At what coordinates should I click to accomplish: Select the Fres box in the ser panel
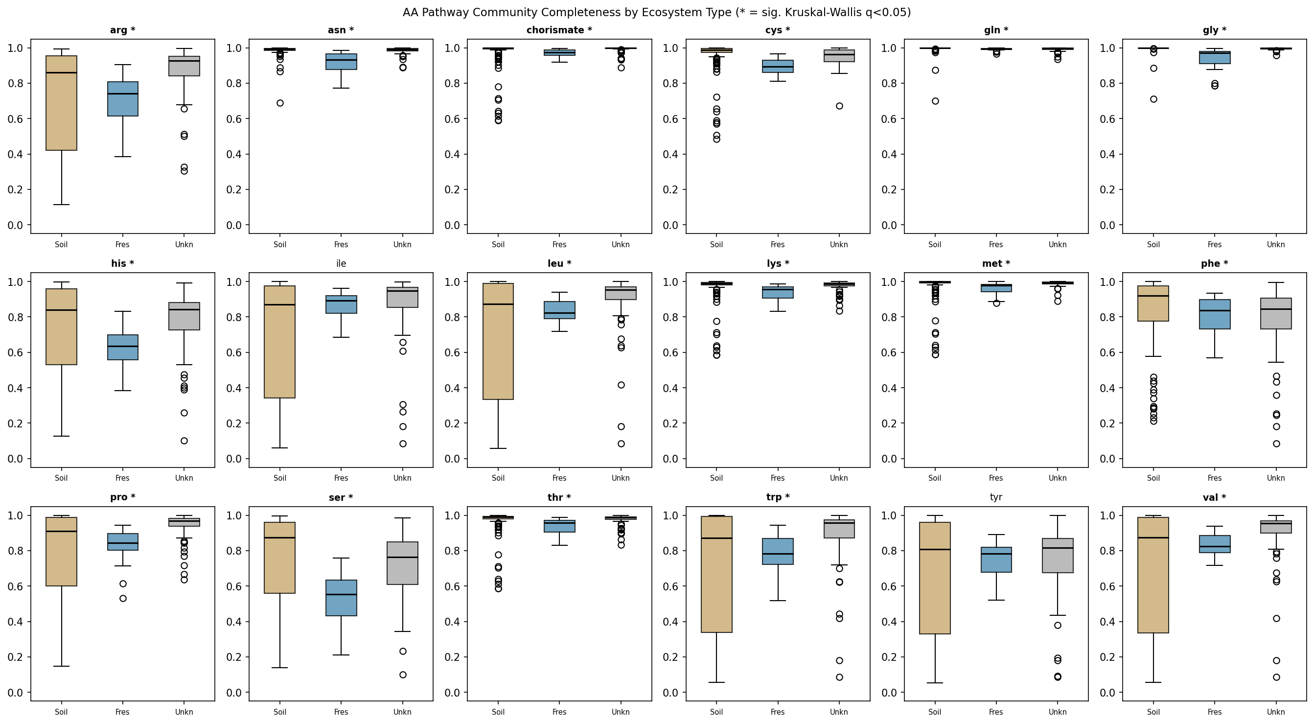pyautogui.click(x=341, y=598)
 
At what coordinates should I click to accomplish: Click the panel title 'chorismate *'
pyautogui.click(x=559, y=30)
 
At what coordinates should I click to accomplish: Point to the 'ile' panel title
pyautogui.click(x=341, y=264)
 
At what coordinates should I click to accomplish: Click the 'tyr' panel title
pyautogui.click(x=996, y=497)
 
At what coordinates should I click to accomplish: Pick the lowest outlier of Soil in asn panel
pyautogui.click(x=280, y=103)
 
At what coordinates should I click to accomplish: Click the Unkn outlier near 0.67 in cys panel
pyautogui.click(x=839, y=106)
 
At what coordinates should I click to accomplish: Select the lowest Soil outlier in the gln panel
pyautogui.click(x=935, y=101)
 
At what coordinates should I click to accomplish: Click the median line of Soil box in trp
pyautogui.click(x=716, y=538)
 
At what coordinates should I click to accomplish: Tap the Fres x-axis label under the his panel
pyautogui.click(x=122, y=478)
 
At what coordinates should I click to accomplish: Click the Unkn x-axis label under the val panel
pyautogui.click(x=1276, y=712)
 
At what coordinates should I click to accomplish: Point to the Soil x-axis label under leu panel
pyautogui.click(x=498, y=478)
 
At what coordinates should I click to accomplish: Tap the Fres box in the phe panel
pyautogui.click(x=1215, y=314)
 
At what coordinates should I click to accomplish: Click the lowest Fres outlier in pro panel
pyautogui.click(x=123, y=598)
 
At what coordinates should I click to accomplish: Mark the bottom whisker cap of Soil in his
pyautogui.click(x=61, y=436)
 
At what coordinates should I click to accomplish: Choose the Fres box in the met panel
pyautogui.click(x=996, y=288)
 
